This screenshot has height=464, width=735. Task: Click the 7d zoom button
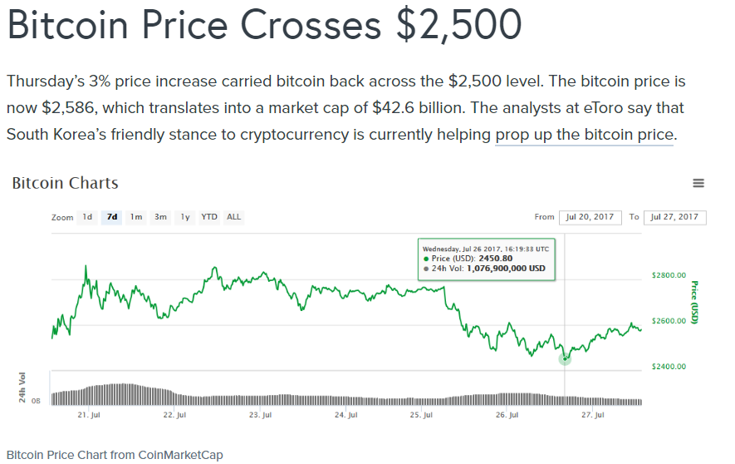(x=111, y=217)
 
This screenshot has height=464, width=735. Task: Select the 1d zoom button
(x=87, y=217)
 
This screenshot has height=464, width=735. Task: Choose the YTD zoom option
(x=209, y=217)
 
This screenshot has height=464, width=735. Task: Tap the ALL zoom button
(x=234, y=217)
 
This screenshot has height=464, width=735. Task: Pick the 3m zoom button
(x=160, y=217)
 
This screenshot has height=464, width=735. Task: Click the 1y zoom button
(x=185, y=217)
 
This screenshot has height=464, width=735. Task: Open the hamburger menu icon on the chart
(x=698, y=184)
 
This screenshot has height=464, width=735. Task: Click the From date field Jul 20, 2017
(x=590, y=217)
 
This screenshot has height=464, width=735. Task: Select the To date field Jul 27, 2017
(x=674, y=217)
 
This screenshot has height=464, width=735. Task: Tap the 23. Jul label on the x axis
(x=261, y=414)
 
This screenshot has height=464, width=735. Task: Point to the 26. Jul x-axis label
(x=507, y=414)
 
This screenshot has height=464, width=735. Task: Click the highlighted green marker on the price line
(x=565, y=358)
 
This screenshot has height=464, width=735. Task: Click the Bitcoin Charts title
(x=65, y=184)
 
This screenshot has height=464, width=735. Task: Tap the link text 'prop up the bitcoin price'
(x=584, y=135)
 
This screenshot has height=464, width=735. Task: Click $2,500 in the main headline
(x=459, y=26)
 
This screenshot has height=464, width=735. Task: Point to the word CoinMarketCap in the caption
(x=179, y=454)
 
